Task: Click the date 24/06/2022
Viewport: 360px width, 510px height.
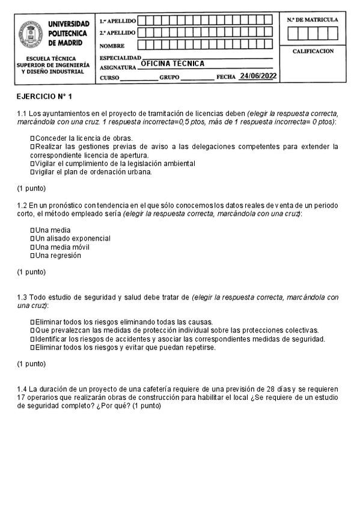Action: point(257,76)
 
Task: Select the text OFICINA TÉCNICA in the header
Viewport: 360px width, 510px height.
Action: point(172,64)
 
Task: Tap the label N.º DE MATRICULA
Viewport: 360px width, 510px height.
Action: point(312,20)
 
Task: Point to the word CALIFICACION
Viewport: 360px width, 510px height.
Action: point(313,52)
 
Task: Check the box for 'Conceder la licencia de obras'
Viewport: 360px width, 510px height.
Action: point(32,138)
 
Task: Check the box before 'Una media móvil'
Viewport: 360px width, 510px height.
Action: point(32,247)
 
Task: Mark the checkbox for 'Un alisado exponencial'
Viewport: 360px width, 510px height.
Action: point(32,239)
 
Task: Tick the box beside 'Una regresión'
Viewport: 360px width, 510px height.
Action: point(32,256)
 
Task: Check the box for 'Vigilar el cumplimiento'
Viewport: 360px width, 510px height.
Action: point(32,164)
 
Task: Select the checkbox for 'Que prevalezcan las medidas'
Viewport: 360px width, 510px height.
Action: point(32,331)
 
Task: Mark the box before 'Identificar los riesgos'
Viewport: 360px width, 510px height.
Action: point(32,339)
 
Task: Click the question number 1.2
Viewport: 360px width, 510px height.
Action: point(22,205)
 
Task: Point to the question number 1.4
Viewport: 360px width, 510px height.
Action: point(22,389)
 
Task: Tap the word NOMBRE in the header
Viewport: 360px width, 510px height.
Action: point(112,46)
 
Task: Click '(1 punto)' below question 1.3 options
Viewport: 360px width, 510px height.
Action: point(31,364)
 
